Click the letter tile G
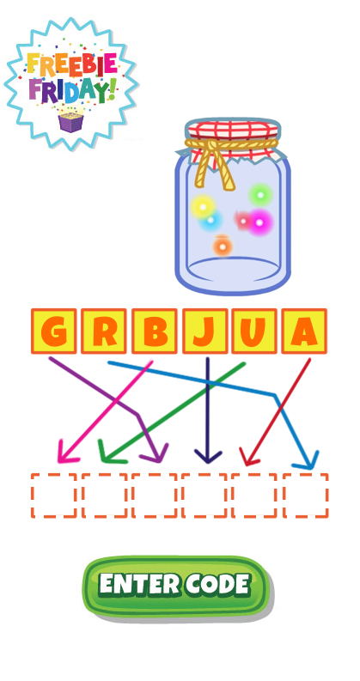[x=53, y=331]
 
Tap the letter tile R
[x=104, y=331]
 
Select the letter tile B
[x=154, y=331]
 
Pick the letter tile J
[x=204, y=331]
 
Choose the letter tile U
[x=254, y=331]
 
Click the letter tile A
[x=304, y=331]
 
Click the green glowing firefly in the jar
[x=260, y=195]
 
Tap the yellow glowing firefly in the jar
[x=202, y=206]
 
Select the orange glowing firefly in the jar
[x=223, y=246]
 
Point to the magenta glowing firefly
[x=259, y=222]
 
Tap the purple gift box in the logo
[x=70, y=123]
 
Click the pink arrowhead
[x=66, y=453]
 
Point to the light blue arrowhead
[x=308, y=461]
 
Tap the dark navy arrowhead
[x=208, y=457]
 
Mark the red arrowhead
[x=248, y=457]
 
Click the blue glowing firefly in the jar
[x=211, y=221]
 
